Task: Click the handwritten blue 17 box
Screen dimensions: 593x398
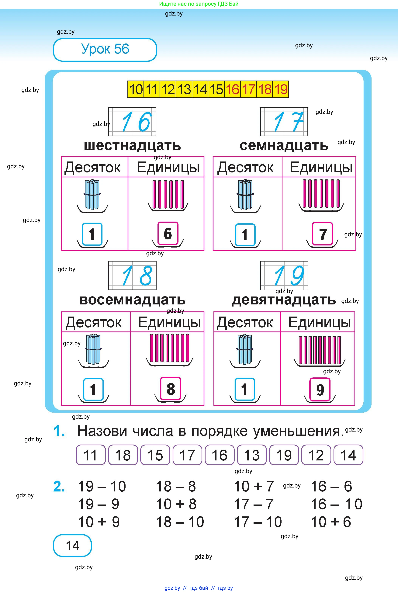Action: (x=284, y=122)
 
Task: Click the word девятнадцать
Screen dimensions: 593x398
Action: (x=284, y=300)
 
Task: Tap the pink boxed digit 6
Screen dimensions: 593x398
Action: (x=168, y=234)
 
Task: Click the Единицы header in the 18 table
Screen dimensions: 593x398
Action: (x=169, y=322)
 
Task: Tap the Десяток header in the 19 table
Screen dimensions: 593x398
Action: (x=245, y=322)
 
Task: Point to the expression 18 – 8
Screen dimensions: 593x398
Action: (x=176, y=486)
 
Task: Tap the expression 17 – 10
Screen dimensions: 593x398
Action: (x=258, y=522)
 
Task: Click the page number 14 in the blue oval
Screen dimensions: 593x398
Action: (x=72, y=546)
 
